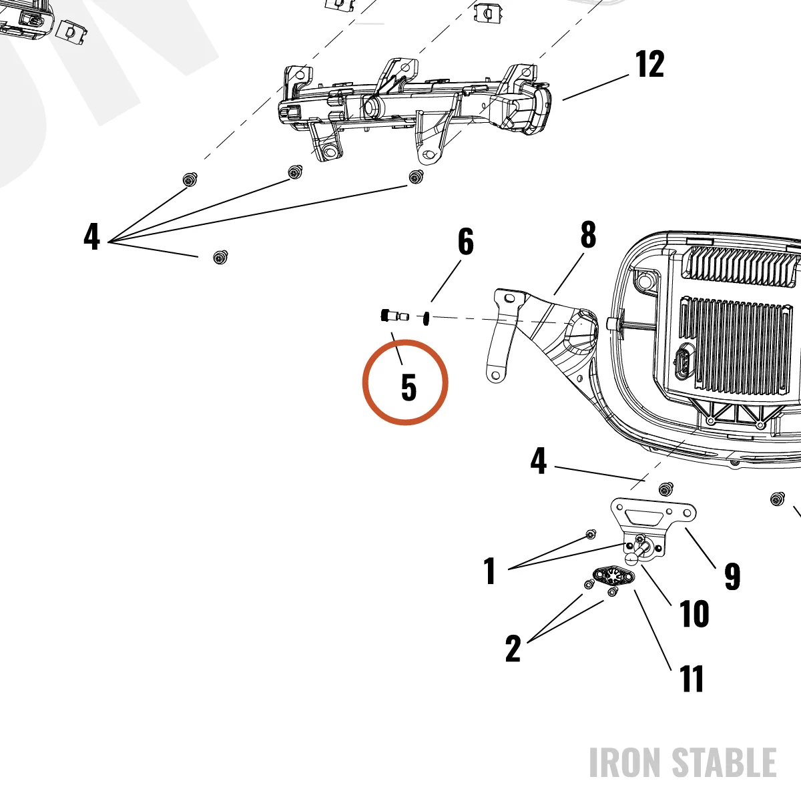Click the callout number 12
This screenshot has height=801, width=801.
(649, 65)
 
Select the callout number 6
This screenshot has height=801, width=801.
(465, 242)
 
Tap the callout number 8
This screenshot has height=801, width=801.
(588, 235)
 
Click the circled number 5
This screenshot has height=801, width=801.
(409, 387)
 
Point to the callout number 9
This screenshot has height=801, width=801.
(732, 576)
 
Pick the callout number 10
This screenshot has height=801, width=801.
(694, 613)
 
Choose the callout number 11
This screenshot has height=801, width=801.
(692, 679)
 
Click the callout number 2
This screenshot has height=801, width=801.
(513, 648)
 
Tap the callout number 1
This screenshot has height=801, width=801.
(491, 571)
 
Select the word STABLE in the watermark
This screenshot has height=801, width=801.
(724, 762)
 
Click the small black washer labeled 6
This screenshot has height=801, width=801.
(426, 319)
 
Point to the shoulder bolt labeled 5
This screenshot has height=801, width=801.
(394, 316)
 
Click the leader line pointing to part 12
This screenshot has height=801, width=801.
(595, 87)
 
